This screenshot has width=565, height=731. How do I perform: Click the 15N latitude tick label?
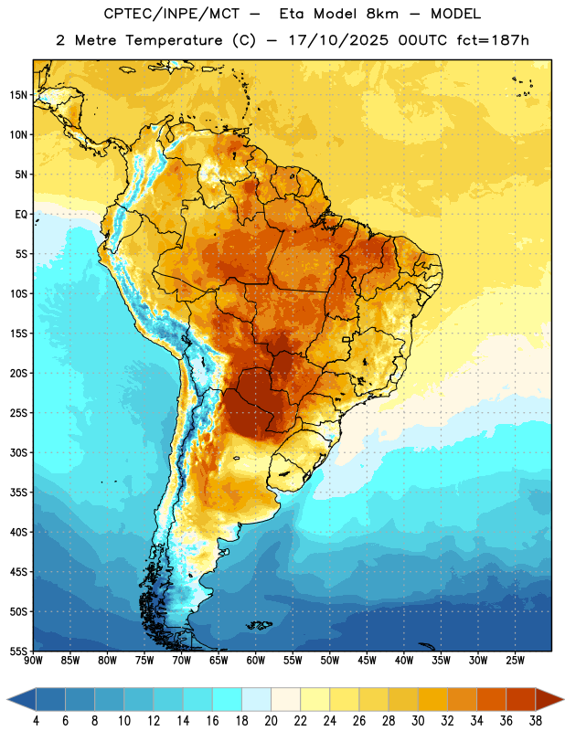[x=18, y=95]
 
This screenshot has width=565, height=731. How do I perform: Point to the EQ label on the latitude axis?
[x=21, y=215]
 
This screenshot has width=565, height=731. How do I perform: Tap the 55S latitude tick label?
[x=18, y=651]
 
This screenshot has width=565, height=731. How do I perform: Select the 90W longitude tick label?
[x=33, y=661]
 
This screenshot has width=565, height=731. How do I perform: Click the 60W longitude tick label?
[x=256, y=661]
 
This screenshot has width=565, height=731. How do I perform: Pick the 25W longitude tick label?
[x=515, y=661]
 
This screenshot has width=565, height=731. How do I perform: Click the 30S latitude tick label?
[x=18, y=452]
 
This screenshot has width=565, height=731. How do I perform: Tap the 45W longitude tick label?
[x=367, y=661]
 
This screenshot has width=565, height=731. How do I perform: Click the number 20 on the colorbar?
[x=271, y=721]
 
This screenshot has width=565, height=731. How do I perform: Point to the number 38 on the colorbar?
[x=535, y=721]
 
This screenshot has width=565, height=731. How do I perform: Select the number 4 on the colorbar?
[x=36, y=721]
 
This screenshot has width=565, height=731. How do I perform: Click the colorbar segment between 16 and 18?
[x=228, y=699]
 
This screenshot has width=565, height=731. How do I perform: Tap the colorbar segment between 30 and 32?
[x=432, y=699]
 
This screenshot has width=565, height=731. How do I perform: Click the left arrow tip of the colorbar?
[x=7, y=699]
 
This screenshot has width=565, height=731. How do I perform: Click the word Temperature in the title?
[x=174, y=40]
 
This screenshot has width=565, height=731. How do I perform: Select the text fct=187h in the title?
[x=493, y=40]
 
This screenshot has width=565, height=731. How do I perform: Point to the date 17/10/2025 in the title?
[x=338, y=40]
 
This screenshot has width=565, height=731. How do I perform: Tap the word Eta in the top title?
[x=292, y=14]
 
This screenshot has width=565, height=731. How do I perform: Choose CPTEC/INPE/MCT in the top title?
[x=171, y=14]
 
